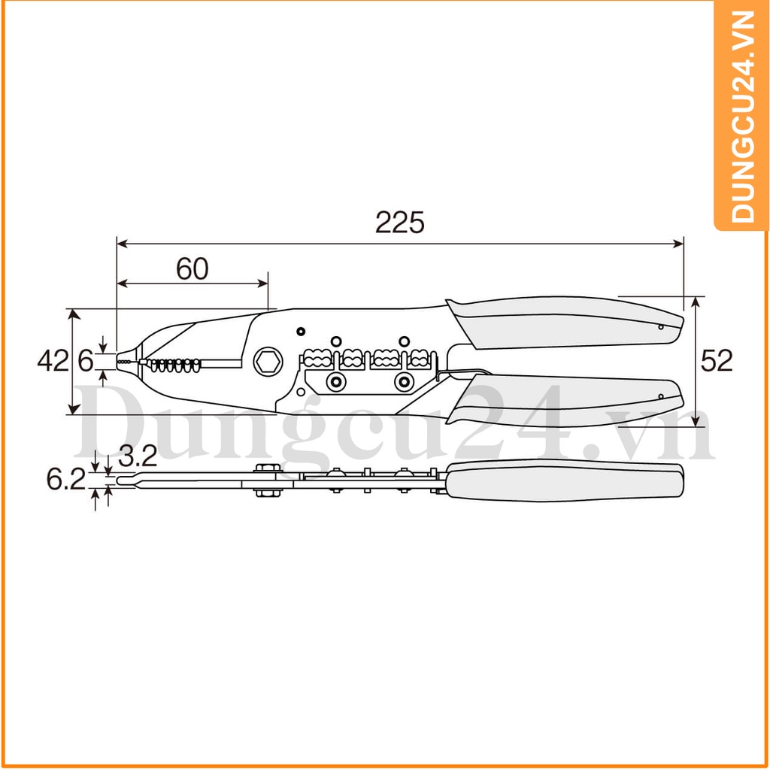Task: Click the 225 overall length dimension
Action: point(399,223)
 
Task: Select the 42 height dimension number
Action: point(53,361)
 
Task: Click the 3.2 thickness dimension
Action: point(138,456)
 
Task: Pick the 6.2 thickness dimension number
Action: point(66,479)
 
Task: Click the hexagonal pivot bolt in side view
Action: point(268,362)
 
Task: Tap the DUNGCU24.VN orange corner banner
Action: point(742,116)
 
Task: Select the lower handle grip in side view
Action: point(565,399)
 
